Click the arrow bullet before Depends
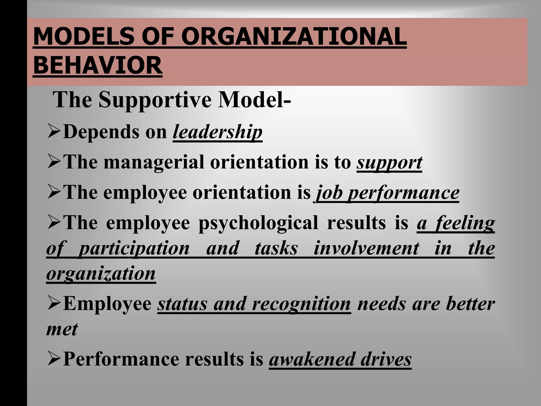(54, 132)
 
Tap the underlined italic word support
(389, 162)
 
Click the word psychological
(258, 223)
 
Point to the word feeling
(465, 223)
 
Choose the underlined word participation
(134, 248)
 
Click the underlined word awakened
(312, 359)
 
